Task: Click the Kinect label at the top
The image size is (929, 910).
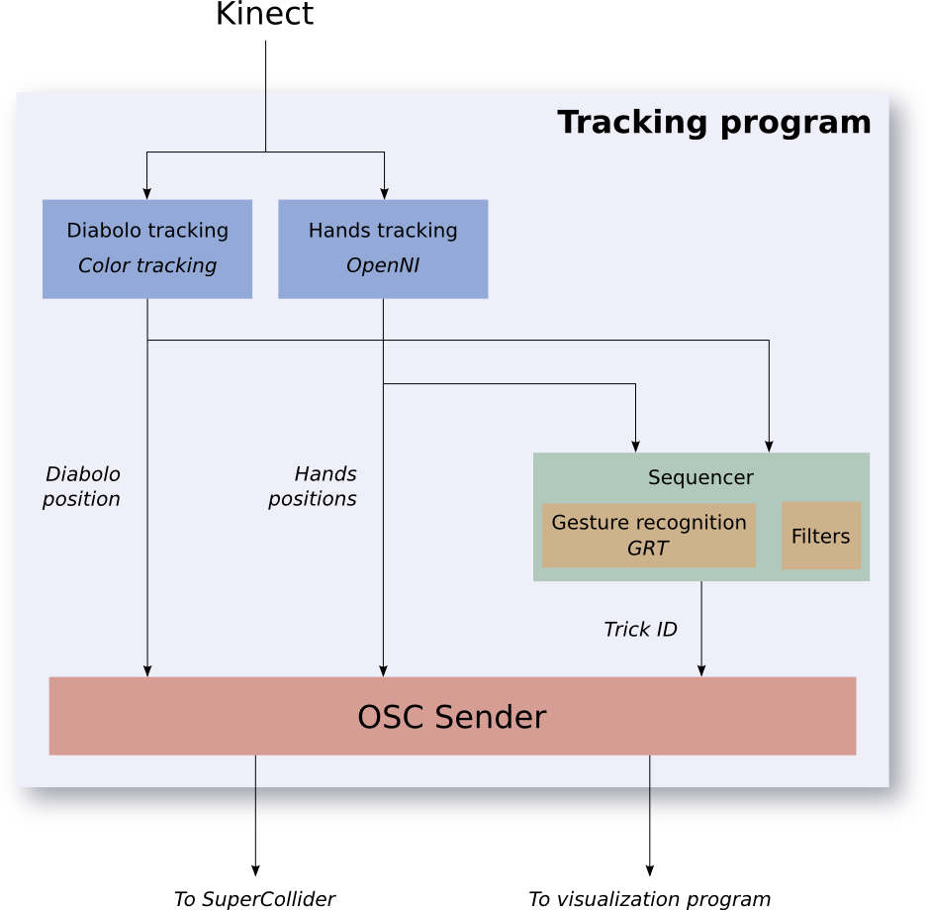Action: click(264, 14)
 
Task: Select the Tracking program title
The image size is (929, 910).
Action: click(714, 123)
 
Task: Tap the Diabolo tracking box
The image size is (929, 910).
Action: click(147, 249)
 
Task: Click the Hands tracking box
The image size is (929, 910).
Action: click(383, 249)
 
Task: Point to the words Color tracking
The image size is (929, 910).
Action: click(147, 265)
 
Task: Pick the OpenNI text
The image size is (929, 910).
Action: click(383, 265)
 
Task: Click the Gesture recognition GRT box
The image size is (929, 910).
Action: click(649, 536)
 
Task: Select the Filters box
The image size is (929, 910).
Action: click(821, 536)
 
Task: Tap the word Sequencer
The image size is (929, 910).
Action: click(700, 477)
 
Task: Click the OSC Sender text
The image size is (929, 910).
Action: click(452, 717)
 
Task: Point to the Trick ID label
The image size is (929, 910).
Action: click(640, 629)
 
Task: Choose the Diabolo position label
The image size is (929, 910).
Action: click(82, 486)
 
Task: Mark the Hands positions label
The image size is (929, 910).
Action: click(313, 486)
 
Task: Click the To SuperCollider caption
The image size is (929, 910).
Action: click(255, 899)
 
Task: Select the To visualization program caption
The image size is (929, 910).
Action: click(649, 899)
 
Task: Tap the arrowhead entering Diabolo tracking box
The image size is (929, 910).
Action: click(147, 194)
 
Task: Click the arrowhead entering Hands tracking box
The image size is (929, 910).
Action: click(385, 194)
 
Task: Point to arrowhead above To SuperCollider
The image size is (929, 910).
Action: click(255, 870)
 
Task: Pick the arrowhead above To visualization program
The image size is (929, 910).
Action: click(650, 870)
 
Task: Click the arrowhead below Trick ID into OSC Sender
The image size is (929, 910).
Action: click(701, 670)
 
